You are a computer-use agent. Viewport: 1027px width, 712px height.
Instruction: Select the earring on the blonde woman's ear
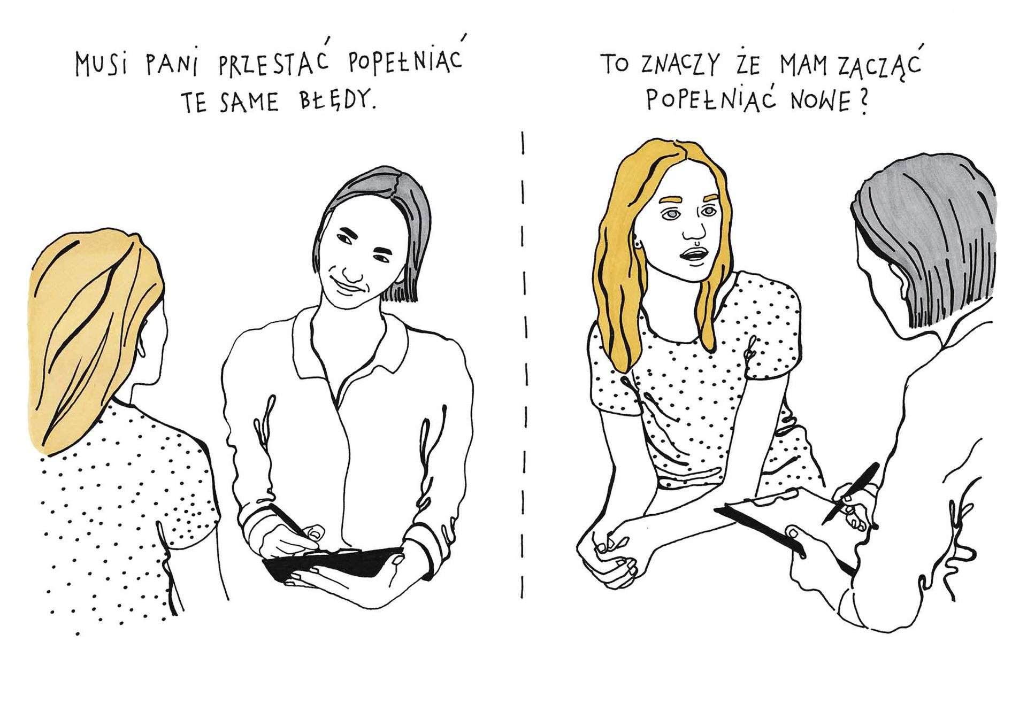click(x=639, y=246)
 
